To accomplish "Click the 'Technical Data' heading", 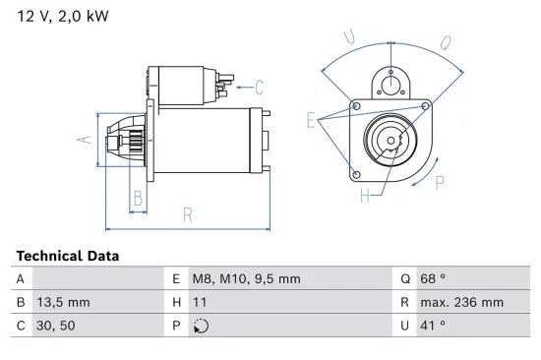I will pos(67,256).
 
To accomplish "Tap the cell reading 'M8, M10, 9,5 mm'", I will pos(247,279).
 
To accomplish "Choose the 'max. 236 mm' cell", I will pos(463,302).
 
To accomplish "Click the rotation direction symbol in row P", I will pos(203,326).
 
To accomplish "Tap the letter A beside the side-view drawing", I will pos(86,141).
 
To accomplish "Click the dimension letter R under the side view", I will pos(187,214).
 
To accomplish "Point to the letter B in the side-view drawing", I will pos(138,199).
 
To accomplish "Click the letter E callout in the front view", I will pos(312,122).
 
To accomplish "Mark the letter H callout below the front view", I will pos(364,196).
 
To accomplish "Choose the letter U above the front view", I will pos(350,37).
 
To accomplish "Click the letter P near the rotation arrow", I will pos(439,182).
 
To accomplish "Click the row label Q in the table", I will pos(404,279).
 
